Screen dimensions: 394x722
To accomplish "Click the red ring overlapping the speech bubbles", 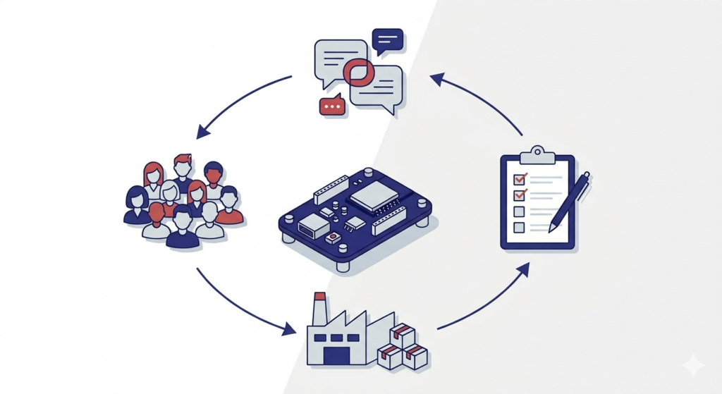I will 360,71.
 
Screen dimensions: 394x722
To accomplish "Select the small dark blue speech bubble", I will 387,39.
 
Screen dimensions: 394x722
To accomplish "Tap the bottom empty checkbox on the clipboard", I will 520,227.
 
